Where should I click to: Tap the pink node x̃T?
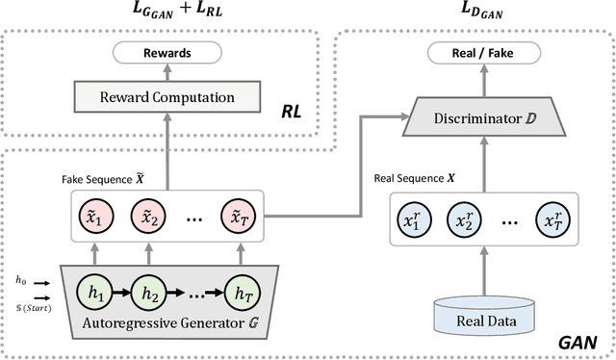coord(238,216)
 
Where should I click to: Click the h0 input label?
coord(21,252)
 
